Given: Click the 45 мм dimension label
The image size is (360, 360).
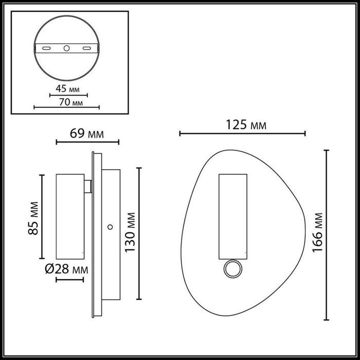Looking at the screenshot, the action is click(67, 88).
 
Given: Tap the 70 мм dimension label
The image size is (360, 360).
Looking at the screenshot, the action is click(71, 102).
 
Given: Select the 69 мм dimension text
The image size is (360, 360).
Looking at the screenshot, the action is click(87, 133).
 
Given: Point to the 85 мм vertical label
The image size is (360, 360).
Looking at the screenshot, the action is click(33, 218).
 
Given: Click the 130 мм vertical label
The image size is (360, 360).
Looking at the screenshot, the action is click(130, 232).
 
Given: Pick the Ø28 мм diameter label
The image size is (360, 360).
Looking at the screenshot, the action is click(66, 269).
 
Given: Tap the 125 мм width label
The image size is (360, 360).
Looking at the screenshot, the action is click(246, 125).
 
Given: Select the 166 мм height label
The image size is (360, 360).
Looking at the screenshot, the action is click(318, 233).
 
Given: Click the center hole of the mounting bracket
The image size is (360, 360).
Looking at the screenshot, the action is click(66, 48).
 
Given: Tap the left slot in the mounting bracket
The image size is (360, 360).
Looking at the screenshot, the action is click(46, 48).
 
